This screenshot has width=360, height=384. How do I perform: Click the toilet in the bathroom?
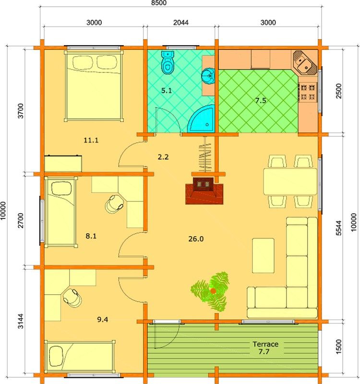click(x=168, y=62)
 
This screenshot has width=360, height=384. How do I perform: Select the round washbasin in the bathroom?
click(x=208, y=76)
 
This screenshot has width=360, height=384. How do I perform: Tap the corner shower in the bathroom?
click(x=201, y=119)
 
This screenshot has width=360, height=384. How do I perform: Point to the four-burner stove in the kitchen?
click(x=308, y=92)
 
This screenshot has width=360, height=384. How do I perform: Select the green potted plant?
click(x=211, y=291)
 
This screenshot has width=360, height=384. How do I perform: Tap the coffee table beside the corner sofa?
click(x=263, y=256)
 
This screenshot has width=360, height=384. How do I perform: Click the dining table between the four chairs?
click(x=290, y=181)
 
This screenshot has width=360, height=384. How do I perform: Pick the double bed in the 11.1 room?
click(x=94, y=86)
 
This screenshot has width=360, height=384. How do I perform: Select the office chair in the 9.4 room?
click(x=72, y=297)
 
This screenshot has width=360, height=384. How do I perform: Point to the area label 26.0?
click(x=196, y=239)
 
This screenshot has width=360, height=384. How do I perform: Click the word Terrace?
click(x=265, y=344)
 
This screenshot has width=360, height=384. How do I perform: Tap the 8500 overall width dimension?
click(x=158, y=3)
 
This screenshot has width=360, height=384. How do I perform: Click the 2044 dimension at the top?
click(x=181, y=23)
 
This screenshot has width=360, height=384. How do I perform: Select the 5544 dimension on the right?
click(x=338, y=228)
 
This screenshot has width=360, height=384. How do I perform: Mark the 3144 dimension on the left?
click(x=21, y=321)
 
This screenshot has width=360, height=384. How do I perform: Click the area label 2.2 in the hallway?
click(x=163, y=157)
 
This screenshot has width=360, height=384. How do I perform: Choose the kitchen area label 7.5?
click(x=260, y=100)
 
